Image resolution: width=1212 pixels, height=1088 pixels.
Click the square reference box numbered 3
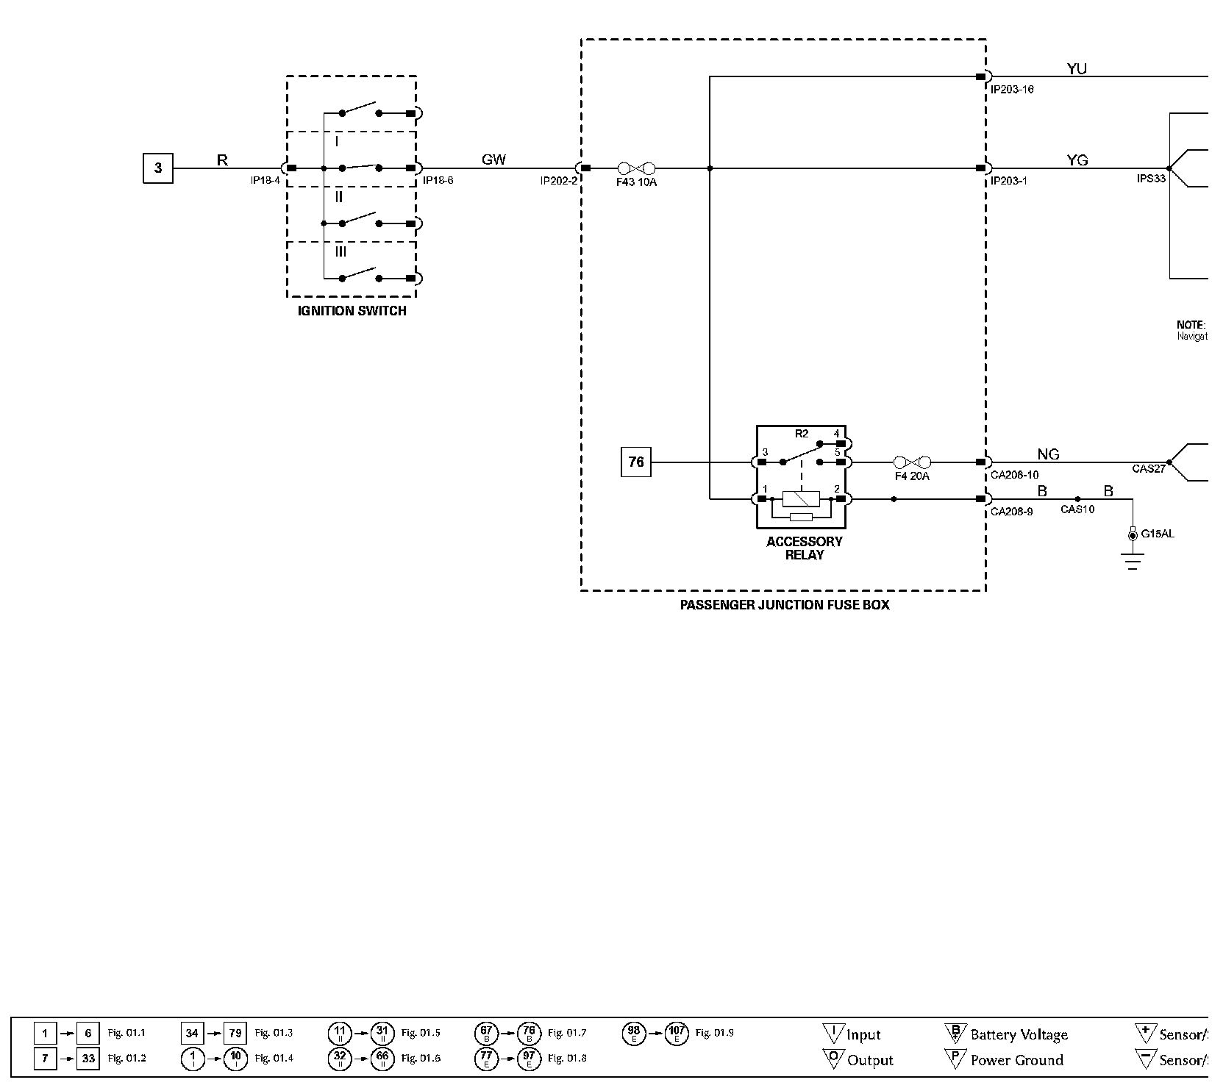coord(157,168)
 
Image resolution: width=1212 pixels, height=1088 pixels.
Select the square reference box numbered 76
coord(636,462)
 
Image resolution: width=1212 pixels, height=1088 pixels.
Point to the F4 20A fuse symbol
coord(912,462)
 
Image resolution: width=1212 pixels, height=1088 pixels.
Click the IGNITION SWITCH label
coord(352,311)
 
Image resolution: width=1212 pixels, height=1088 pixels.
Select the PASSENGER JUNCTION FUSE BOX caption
coord(784,605)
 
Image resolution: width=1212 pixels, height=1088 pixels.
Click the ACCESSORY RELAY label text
coord(804,548)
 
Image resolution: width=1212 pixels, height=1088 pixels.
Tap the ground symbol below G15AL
coord(1133,562)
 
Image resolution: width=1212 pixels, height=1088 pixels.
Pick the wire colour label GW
coord(493,160)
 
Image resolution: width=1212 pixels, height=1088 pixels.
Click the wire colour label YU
coord(1077,69)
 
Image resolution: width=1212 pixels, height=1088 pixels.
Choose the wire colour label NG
coord(1048,454)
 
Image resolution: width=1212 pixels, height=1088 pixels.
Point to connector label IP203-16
coord(1012,90)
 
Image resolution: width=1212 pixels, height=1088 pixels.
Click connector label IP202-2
coord(559,181)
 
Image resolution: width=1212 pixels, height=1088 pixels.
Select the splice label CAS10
coord(1077,509)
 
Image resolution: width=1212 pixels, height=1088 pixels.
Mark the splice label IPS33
coord(1151,178)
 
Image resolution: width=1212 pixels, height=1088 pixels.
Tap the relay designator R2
coord(802,434)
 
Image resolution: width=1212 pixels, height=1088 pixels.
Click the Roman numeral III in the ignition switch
coord(340,251)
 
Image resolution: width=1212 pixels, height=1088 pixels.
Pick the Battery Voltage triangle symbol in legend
coord(955,1033)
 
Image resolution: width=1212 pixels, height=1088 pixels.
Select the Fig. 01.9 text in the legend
coord(714,1033)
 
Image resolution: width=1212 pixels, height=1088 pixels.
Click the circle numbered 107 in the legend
coord(677,1034)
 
